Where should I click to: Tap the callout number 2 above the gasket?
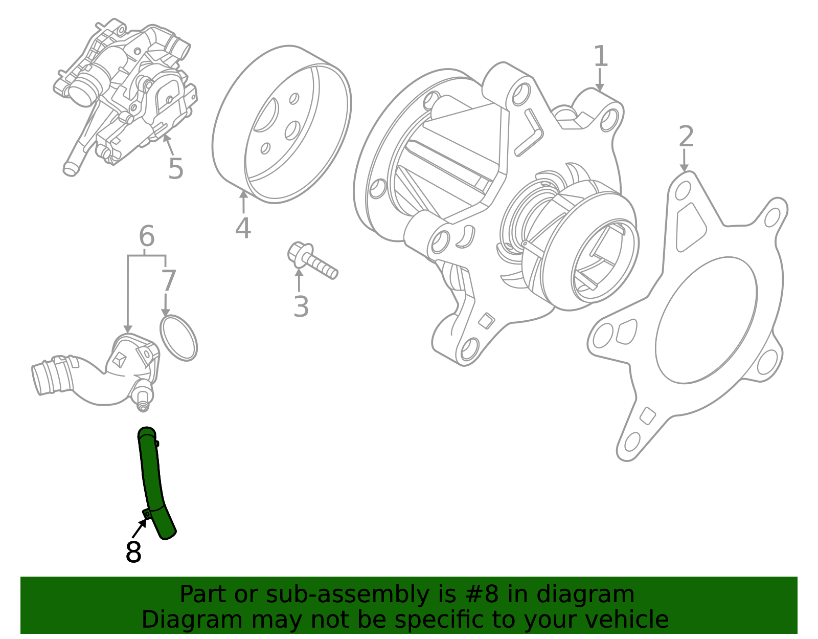pyautogui.click(x=686, y=137)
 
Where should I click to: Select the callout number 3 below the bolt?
pyautogui.click(x=301, y=307)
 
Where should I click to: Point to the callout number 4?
pyautogui.click(x=243, y=228)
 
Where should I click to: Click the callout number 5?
pyautogui.click(x=175, y=169)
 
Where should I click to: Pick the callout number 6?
pyautogui.click(x=147, y=236)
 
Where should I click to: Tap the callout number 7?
pyautogui.click(x=168, y=281)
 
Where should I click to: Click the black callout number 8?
pyautogui.click(x=133, y=553)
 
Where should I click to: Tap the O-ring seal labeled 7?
pyautogui.click(x=178, y=338)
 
